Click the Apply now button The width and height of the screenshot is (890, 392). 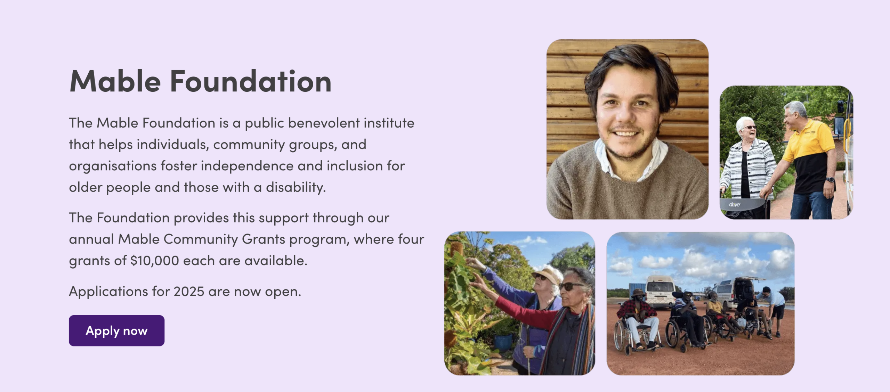click(116, 330)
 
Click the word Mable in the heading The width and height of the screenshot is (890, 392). click(115, 81)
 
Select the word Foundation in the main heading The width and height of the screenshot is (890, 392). click(251, 81)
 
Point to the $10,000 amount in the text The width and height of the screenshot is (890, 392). click(155, 261)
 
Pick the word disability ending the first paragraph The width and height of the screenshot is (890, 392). click(296, 187)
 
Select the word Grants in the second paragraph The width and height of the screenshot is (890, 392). click(264, 239)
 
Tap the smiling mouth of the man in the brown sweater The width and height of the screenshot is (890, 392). click(625, 133)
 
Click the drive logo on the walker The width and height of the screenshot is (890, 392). click(734, 204)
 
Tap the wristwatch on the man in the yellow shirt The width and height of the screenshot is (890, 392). click(830, 180)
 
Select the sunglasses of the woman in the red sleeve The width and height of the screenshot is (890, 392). click(570, 286)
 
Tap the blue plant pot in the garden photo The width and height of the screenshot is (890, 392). click(503, 342)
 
